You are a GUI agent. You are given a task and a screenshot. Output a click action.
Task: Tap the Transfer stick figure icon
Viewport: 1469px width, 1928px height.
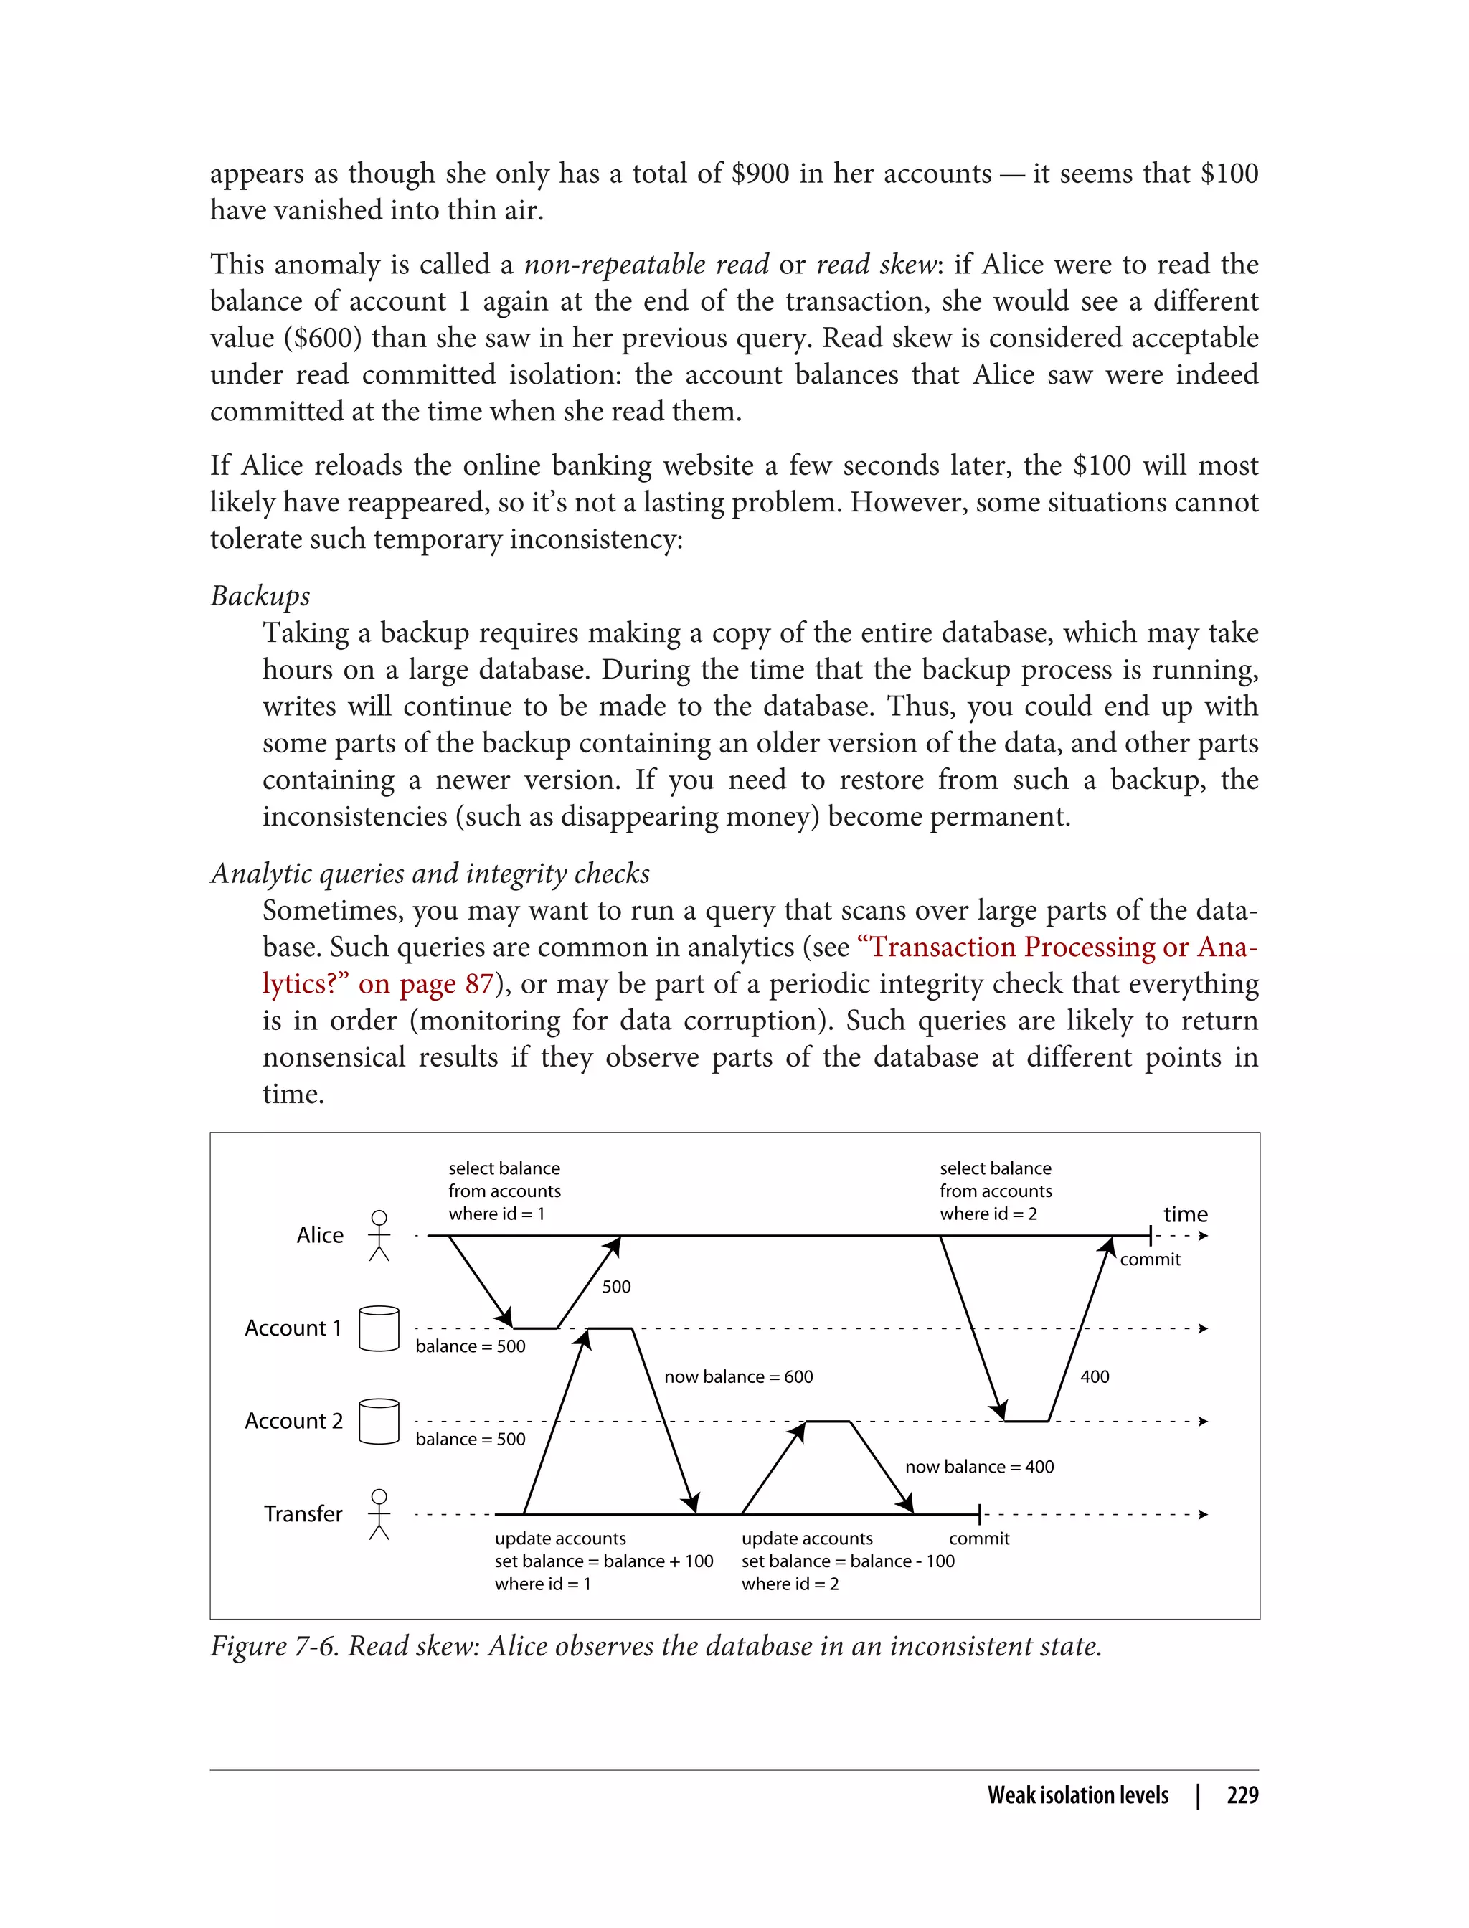[x=379, y=1513]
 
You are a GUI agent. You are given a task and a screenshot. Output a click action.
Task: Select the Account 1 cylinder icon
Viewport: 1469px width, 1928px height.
[x=379, y=1328]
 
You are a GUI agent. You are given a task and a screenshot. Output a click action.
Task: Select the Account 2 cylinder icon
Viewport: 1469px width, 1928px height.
[x=379, y=1421]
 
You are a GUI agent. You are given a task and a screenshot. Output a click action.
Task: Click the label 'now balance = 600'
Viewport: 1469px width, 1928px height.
[x=738, y=1376]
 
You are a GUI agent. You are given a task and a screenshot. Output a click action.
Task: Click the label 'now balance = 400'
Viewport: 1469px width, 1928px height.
[x=978, y=1466]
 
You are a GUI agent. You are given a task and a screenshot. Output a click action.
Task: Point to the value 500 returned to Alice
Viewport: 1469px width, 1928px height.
[x=615, y=1286]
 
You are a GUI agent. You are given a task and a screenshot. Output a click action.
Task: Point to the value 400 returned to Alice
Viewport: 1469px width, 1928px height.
[x=1094, y=1376]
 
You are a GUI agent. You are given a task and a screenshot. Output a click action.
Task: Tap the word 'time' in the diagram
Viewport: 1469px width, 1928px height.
[x=1185, y=1214]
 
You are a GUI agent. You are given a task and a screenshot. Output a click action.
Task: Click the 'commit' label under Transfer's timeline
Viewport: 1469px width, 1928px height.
[x=978, y=1538]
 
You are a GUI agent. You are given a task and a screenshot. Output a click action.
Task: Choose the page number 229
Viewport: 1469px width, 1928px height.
[x=1242, y=1795]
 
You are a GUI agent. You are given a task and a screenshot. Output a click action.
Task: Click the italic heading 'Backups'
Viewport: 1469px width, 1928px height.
[x=260, y=595]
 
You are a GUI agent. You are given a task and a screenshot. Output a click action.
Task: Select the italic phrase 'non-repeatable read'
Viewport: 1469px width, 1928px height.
[x=646, y=264]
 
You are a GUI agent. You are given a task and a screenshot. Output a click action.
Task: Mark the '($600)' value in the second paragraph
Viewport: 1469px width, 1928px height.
[x=322, y=338]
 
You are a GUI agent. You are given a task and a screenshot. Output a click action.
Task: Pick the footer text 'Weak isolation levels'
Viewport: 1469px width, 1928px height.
[x=1077, y=1795]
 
